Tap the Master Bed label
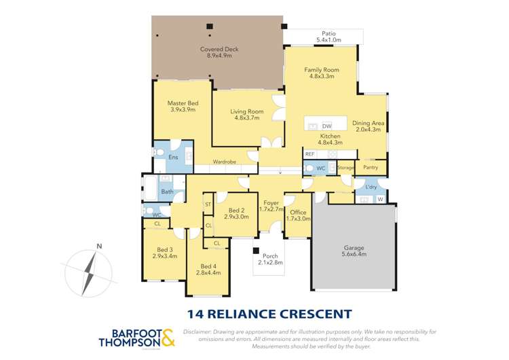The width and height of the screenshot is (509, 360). [x=182, y=103]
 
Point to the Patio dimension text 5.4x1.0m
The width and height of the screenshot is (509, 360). [x=328, y=40]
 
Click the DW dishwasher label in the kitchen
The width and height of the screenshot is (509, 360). [x=326, y=126]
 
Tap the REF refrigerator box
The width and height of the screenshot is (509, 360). [x=309, y=154]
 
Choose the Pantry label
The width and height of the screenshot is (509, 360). [x=371, y=167]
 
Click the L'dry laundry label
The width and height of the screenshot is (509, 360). [x=371, y=187]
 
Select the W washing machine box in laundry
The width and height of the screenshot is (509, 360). [x=379, y=199]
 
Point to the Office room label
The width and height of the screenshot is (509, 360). [x=298, y=212]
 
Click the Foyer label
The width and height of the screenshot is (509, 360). [x=271, y=202]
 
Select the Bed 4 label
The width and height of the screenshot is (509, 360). [x=208, y=266]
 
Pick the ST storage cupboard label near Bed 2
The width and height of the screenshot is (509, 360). [x=208, y=204]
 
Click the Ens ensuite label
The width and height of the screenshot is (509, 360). [x=172, y=158]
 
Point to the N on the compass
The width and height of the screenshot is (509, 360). [x=98, y=247]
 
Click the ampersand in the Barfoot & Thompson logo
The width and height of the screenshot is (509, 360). [x=168, y=336]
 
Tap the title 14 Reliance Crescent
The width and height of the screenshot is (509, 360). [x=269, y=314]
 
